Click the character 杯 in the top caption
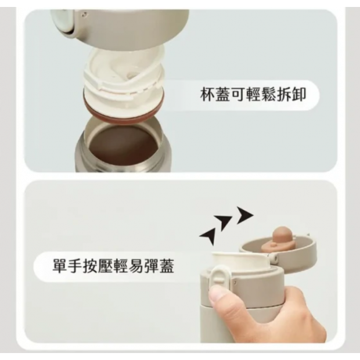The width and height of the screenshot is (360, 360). click(207, 95)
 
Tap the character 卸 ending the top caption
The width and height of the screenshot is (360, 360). click(298, 95)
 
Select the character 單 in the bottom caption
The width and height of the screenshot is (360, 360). click(60, 266)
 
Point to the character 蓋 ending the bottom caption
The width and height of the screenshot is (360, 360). click(167, 266)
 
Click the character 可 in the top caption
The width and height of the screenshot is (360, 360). click(238, 95)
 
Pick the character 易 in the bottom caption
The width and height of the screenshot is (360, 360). click(136, 266)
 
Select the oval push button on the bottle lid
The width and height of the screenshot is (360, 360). click(220, 276)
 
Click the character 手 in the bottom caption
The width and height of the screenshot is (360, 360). click(75, 266)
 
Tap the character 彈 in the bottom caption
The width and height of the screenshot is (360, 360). click(152, 266)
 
